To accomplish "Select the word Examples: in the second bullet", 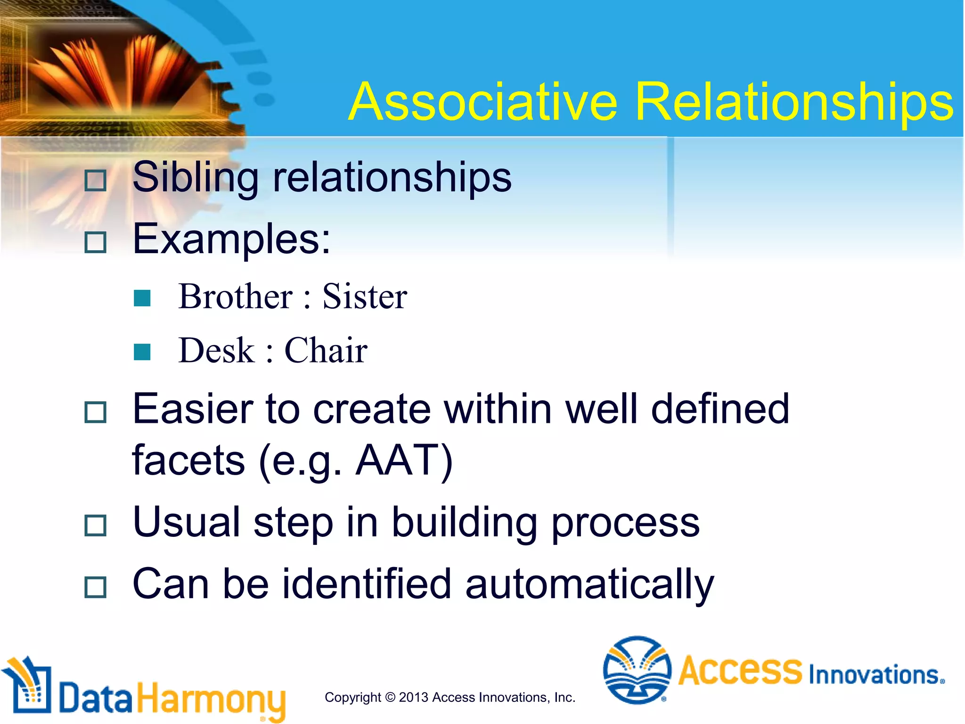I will click(231, 239).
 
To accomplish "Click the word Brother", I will click(236, 297).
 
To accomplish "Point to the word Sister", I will click(364, 297).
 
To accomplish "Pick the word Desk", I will click(216, 351).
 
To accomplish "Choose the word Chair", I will click(326, 351).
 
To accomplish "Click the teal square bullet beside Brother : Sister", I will click(142, 298).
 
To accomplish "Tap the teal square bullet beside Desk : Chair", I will click(142, 352).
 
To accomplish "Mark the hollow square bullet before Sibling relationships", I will click(96, 181).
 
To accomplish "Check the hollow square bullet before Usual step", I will click(96, 525).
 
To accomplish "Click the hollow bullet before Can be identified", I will click(96, 587).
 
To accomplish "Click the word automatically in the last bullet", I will click(589, 584).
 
